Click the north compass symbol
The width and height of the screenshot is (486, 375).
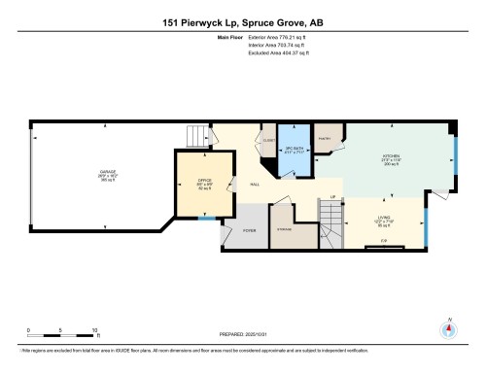coord(448,327)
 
